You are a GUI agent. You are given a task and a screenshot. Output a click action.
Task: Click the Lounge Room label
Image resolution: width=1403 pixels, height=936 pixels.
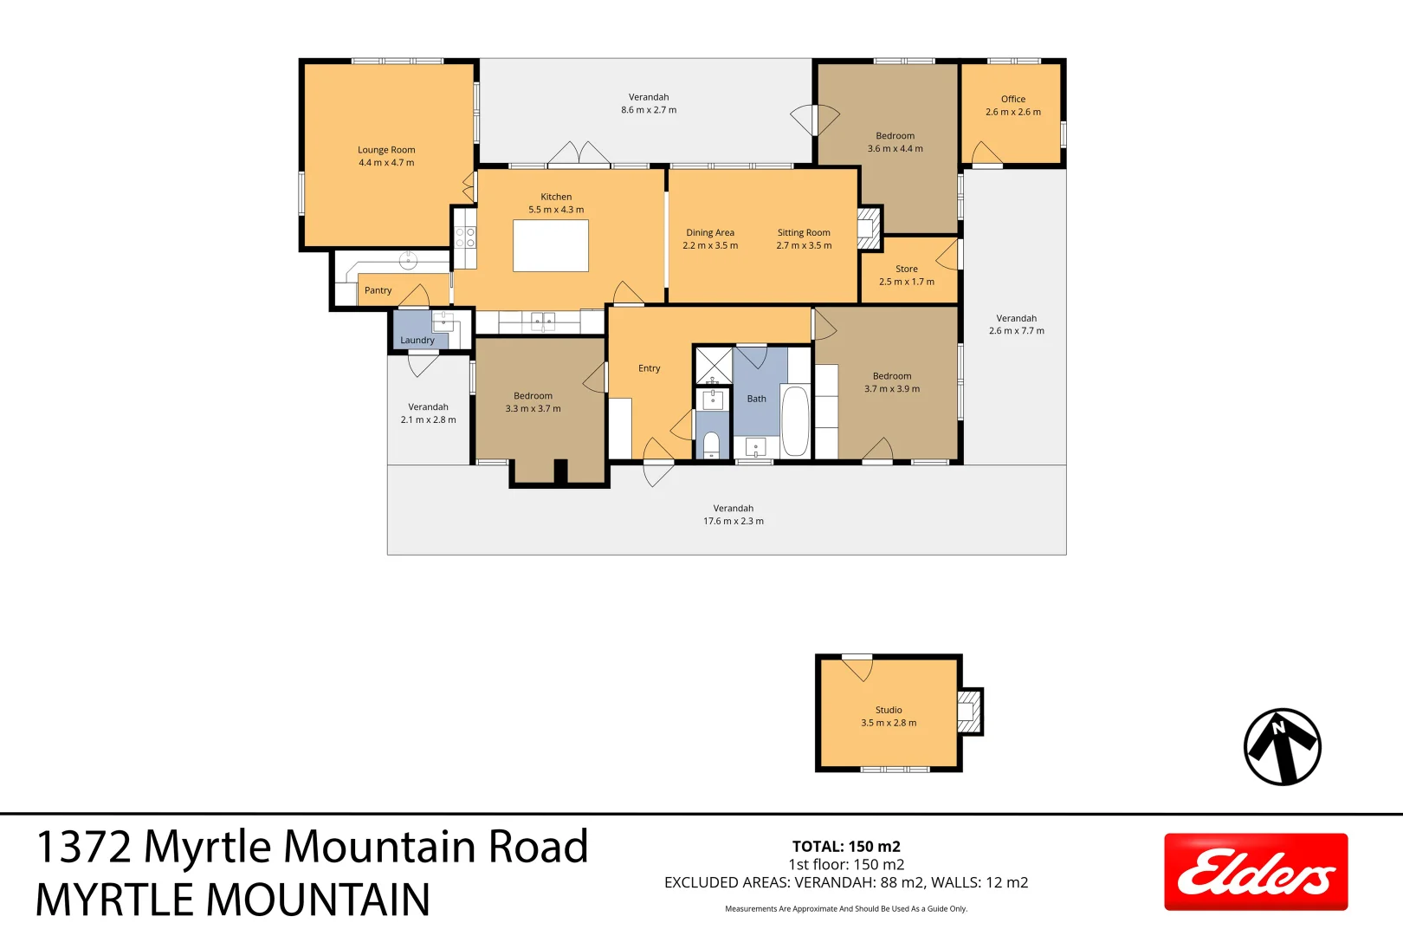click(x=386, y=150)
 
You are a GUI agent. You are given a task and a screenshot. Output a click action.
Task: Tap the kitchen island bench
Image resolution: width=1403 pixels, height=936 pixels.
click(x=551, y=245)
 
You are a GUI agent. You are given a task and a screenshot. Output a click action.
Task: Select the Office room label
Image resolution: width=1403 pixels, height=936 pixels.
click(x=1012, y=99)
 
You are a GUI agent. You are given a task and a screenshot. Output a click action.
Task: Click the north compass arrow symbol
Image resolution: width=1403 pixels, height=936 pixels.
click(x=1282, y=747)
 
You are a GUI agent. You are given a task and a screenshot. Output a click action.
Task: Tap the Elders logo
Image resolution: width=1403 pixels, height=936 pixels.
click(x=1255, y=872)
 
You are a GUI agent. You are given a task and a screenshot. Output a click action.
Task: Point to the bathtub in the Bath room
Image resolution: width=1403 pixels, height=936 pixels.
click(x=795, y=421)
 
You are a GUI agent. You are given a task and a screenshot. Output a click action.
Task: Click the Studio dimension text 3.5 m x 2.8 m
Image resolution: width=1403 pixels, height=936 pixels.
click(x=889, y=723)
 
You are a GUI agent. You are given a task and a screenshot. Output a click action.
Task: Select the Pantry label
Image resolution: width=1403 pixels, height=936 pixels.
click(x=378, y=290)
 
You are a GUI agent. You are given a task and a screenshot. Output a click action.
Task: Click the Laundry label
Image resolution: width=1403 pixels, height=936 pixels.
click(x=417, y=341)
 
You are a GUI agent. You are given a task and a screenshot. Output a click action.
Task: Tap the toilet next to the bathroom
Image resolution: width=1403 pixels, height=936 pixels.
click(x=711, y=445)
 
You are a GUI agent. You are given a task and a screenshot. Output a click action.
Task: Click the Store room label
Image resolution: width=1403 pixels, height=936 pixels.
click(x=907, y=269)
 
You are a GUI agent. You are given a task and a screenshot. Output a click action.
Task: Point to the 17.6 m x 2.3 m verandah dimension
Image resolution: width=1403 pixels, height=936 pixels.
click(x=734, y=522)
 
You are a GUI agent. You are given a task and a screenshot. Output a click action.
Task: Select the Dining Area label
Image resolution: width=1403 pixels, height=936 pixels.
click(x=710, y=232)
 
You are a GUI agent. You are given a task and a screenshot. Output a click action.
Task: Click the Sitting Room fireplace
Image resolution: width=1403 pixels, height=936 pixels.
click(x=868, y=229)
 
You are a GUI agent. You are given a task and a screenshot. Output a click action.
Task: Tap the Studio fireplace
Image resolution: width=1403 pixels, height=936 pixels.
click(x=968, y=712)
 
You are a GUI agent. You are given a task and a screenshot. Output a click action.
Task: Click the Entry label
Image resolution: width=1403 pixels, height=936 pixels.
click(x=649, y=368)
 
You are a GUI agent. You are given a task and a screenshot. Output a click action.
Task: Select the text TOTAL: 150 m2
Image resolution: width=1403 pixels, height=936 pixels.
click(x=846, y=847)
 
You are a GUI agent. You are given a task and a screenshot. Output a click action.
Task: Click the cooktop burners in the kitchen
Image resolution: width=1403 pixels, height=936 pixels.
click(x=465, y=237)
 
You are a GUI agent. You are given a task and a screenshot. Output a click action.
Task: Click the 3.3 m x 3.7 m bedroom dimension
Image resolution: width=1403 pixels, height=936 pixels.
click(x=533, y=409)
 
